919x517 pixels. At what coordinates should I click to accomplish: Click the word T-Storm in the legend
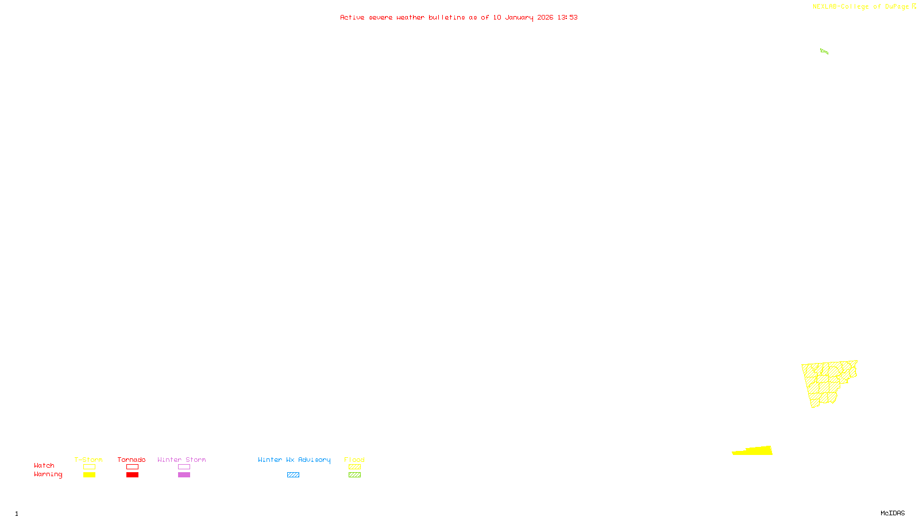pyautogui.click(x=88, y=460)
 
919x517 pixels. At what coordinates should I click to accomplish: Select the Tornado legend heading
pyautogui.click(x=132, y=460)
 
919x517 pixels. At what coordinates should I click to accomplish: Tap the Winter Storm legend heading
pyautogui.click(x=182, y=460)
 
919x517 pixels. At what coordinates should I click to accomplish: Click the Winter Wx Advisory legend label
pyautogui.click(x=294, y=460)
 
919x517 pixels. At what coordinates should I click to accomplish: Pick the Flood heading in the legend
pyautogui.click(x=354, y=460)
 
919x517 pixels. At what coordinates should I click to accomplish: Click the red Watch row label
pyautogui.click(x=44, y=466)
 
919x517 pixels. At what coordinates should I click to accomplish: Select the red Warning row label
pyautogui.click(x=48, y=474)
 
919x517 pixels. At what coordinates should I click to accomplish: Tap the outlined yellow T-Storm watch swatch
pyautogui.click(x=89, y=467)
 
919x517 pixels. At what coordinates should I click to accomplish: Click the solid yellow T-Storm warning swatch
pyautogui.click(x=89, y=475)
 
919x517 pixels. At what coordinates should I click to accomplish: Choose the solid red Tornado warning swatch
pyautogui.click(x=132, y=475)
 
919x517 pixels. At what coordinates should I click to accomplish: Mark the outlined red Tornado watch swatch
pyautogui.click(x=132, y=467)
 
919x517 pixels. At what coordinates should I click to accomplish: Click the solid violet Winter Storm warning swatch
pyautogui.click(x=184, y=475)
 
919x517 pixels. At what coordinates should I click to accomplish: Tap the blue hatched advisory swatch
pyautogui.click(x=293, y=475)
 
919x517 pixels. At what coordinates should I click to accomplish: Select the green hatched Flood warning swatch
pyautogui.click(x=354, y=475)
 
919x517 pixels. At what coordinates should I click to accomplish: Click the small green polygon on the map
pyautogui.click(x=824, y=52)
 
